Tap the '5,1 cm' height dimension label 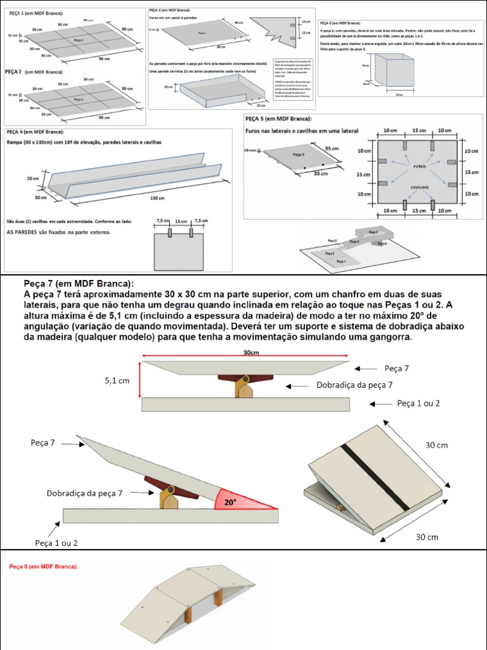coord(117,381)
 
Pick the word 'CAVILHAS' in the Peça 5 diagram coord(419,188)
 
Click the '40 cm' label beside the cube coord(365,65)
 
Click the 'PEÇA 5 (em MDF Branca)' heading coord(282,119)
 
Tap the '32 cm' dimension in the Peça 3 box coord(261,105)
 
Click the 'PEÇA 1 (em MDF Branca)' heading coord(36,13)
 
